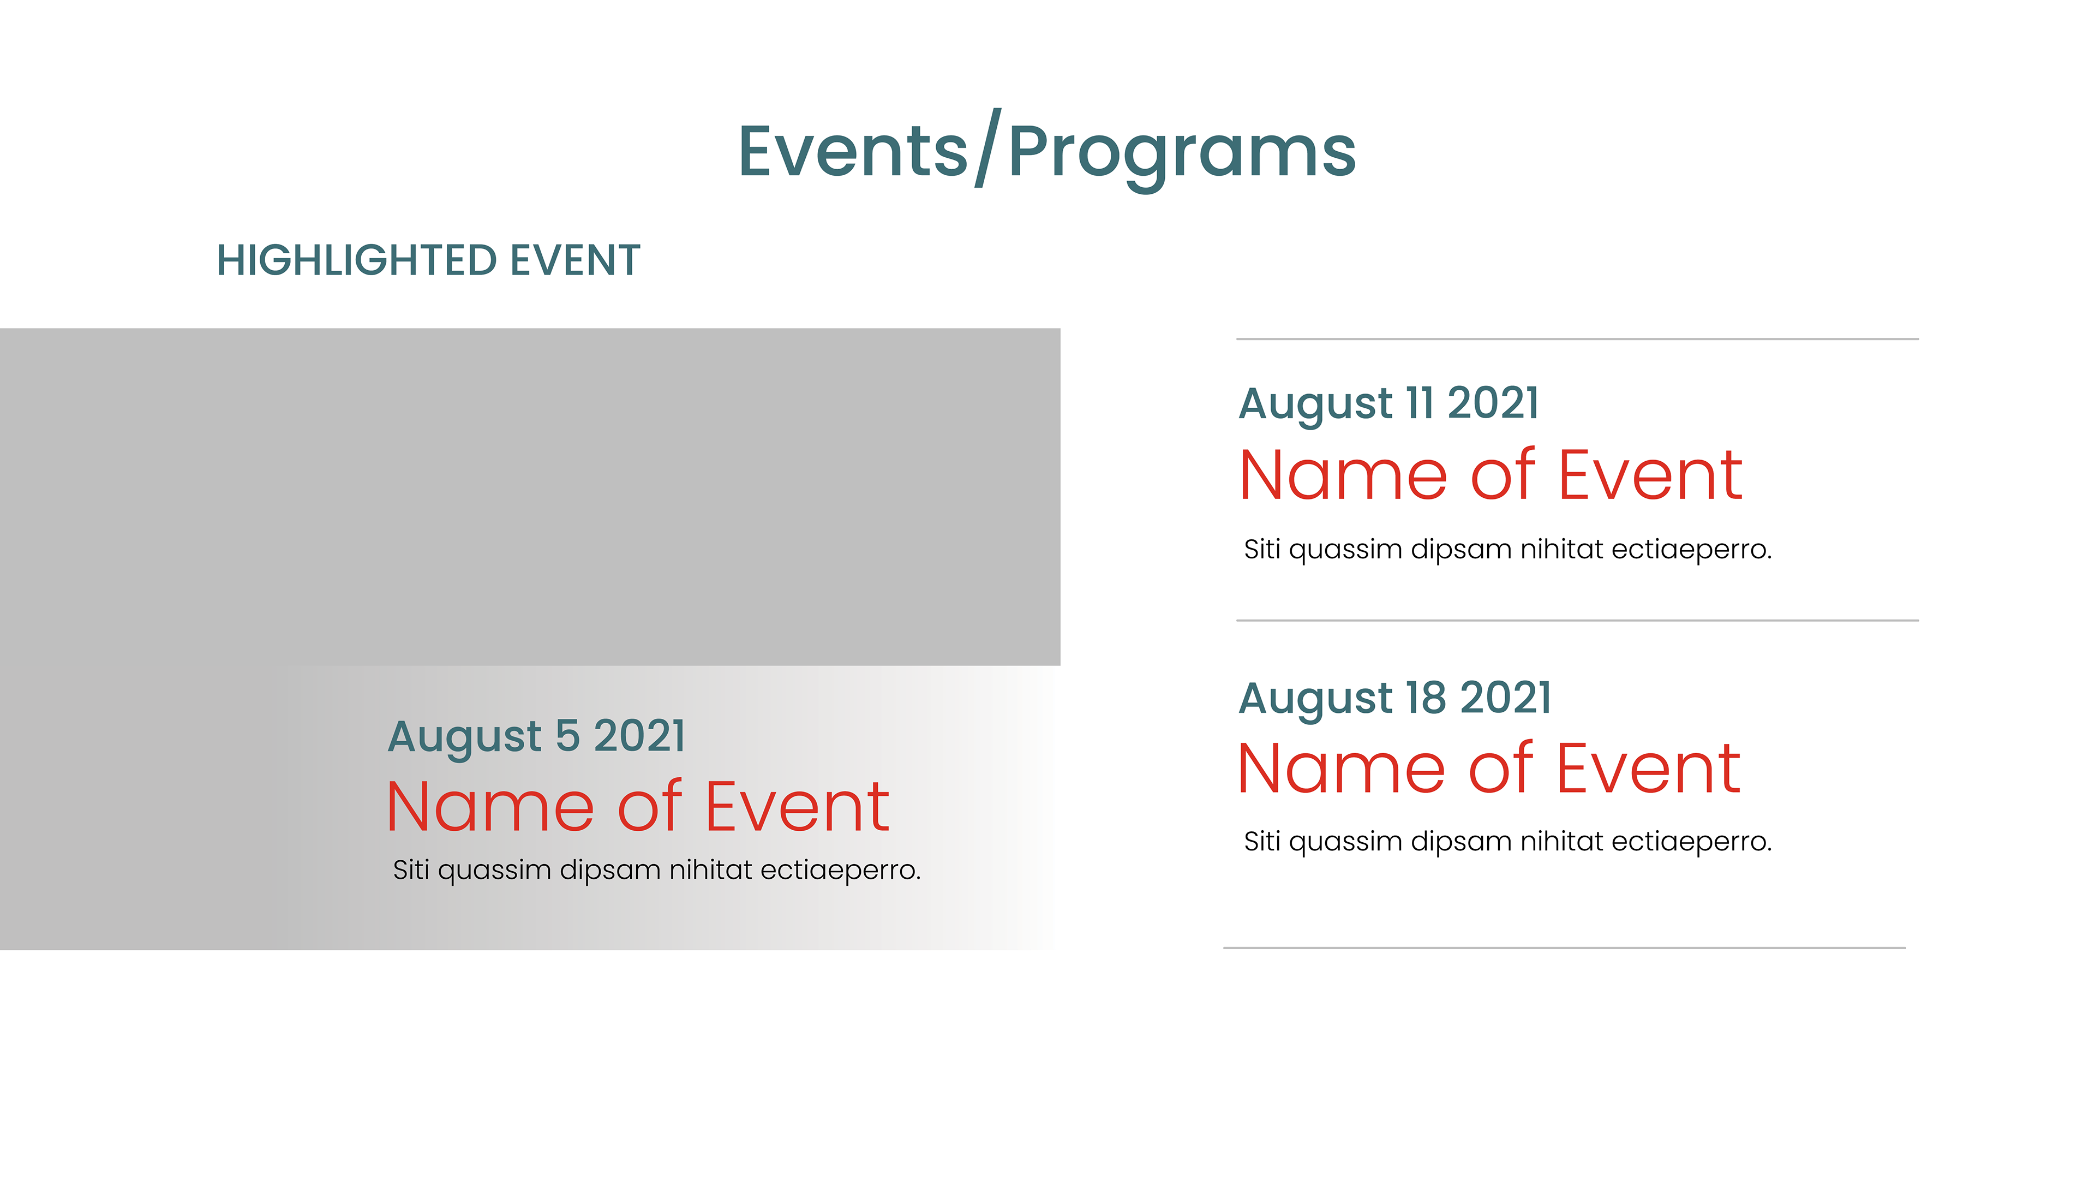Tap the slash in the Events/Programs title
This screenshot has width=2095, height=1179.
(988, 147)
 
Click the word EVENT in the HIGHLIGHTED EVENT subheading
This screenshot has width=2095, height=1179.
(575, 260)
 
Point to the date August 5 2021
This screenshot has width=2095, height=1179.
(537, 736)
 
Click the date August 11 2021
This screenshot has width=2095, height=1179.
(1389, 403)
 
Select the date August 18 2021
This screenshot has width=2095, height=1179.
(1396, 698)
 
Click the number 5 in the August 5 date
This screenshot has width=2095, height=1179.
(567, 736)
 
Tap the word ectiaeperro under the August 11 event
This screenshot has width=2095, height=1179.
(1692, 550)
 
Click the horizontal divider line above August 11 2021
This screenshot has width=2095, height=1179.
(1578, 338)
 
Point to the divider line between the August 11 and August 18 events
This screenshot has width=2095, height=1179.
(1578, 620)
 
